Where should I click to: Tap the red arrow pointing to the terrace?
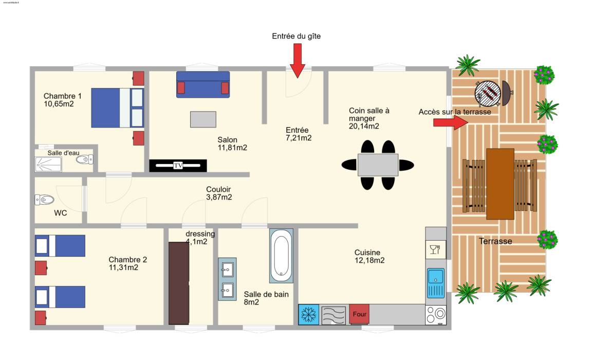point(451,122)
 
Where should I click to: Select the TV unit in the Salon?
point(178,166)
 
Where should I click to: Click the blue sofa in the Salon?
point(203,85)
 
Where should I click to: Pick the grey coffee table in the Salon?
point(203,119)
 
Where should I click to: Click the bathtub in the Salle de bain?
point(281,256)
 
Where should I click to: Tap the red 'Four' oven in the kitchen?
point(359,314)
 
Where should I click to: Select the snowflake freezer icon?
point(308,315)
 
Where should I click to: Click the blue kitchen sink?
point(436,283)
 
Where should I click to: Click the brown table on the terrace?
point(500,184)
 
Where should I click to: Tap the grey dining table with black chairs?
point(378,165)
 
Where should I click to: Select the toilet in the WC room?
point(44,200)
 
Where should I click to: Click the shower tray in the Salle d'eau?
point(48,165)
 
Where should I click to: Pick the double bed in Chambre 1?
point(117,107)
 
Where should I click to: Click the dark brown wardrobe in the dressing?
point(179,283)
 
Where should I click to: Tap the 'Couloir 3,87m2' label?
point(218,193)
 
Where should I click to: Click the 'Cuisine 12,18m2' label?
point(369,256)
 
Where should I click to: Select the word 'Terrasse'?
point(495,241)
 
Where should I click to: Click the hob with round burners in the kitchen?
point(436,315)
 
